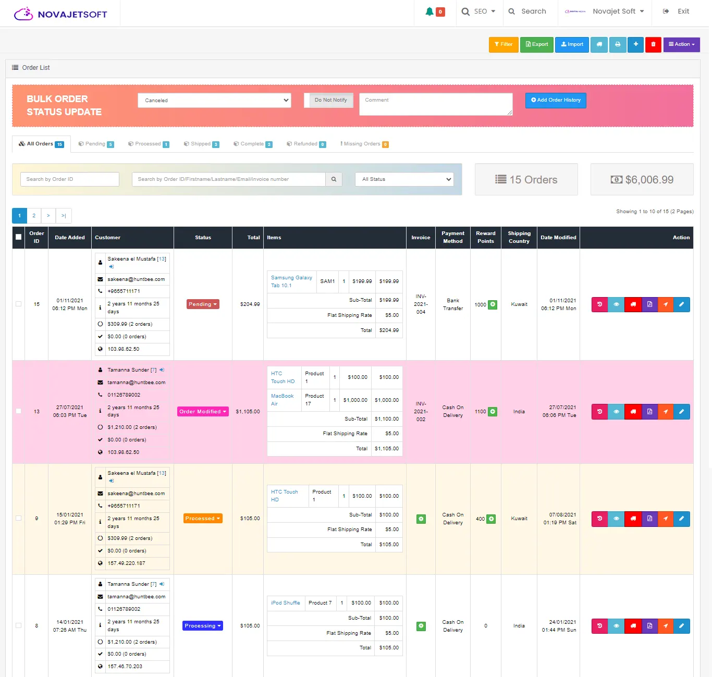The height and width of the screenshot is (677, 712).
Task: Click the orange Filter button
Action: coord(504,44)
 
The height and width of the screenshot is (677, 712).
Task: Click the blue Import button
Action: coord(572,44)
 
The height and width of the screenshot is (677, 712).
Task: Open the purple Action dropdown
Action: coord(681,44)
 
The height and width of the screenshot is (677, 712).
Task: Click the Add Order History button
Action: coord(556,100)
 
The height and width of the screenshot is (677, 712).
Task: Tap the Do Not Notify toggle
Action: coord(330,100)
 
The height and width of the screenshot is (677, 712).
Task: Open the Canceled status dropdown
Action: coord(214,101)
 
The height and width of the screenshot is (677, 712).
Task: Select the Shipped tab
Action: coord(201,144)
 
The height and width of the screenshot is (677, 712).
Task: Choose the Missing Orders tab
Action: coord(364,144)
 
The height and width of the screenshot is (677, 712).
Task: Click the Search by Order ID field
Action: coord(70,179)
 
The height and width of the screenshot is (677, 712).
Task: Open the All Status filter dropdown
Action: coord(404,179)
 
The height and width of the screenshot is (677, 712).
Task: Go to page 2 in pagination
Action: coord(34,216)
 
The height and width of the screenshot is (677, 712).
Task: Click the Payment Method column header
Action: coord(453,237)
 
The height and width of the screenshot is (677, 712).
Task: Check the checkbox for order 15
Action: coord(18,304)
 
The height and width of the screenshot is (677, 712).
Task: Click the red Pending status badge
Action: coord(203,304)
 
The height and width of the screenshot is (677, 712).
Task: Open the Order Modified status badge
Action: coord(203,412)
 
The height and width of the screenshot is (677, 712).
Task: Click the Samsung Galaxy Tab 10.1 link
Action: coord(291,281)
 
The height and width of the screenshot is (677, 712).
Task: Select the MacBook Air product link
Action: coord(282,400)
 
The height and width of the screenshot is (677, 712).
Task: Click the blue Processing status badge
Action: coord(203,625)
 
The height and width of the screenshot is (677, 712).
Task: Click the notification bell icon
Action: coord(429,11)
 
